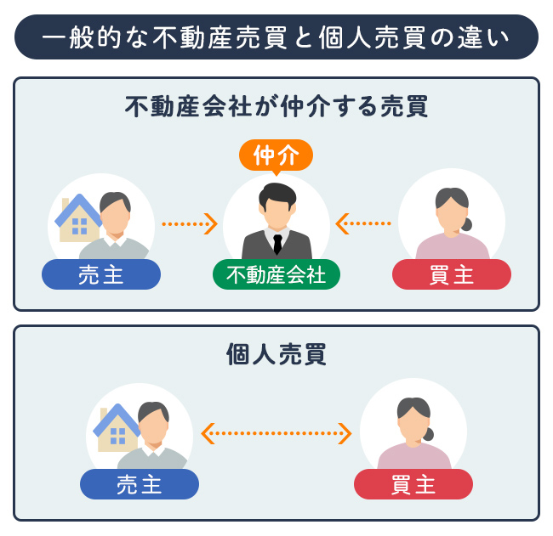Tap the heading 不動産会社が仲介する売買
[x=276, y=107]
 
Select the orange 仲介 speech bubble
[x=276, y=155]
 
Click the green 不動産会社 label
[x=276, y=274]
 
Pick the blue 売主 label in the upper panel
[x=101, y=274]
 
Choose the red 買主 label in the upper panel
[x=452, y=274]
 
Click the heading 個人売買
[x=276, y=354]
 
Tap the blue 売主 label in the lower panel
[x=140, y=484]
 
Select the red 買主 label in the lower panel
[x=413, y=484]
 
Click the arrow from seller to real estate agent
[x=190, y=224]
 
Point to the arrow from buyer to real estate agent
[x=363, y=224]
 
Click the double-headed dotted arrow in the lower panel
[x=276, y=433]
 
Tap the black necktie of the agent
[x=276, y=244]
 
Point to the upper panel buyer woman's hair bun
[x=466, y=225]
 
